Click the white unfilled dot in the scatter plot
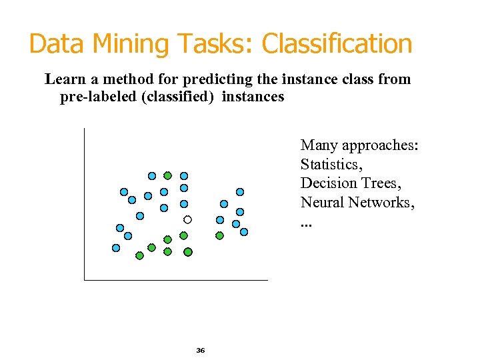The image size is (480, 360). pyautogui.click(x=188, y=219)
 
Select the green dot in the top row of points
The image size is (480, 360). pyautogui.click(x=168, y=175)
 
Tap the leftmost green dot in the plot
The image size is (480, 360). pyautogui.click(x=139, y=255)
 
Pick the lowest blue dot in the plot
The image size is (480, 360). pyautogui.click(x=116, y=248)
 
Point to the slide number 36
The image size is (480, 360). pyautogui.click(x=201, y=350)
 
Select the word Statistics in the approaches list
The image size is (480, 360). pyautogui.click(x=331, y=165)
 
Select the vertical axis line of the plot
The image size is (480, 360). pyautogui.click(x=85, y=200)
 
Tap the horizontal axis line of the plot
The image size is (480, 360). pyautogui.click(x=176, y=280)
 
